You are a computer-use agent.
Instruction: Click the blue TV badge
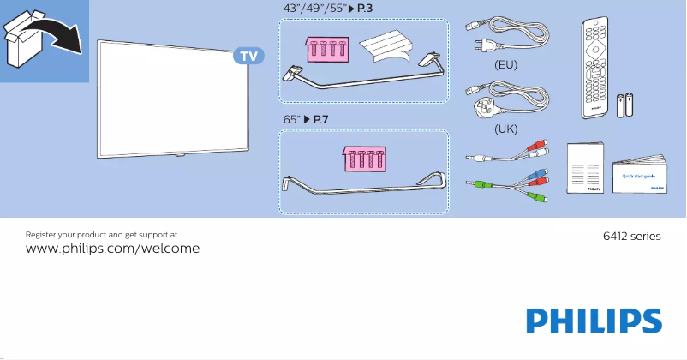(x=248, y=57)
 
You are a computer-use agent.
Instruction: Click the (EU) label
(x=506, y=64)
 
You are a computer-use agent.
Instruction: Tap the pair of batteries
(x=625, y=105)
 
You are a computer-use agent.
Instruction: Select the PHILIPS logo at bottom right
(x=594, y=321)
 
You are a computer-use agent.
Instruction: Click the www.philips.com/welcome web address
(x=113, y=249)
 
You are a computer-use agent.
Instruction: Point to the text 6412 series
(x=633, y=236)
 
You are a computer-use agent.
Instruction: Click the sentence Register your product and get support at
(x=102, y=233)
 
